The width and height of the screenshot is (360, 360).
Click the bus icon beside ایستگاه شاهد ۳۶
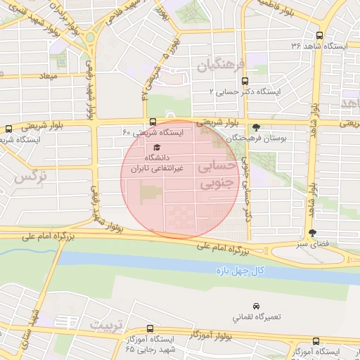point(320,34)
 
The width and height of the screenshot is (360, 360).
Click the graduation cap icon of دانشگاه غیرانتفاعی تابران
point(156,148)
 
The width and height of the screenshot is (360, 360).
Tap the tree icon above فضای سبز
point(312,233)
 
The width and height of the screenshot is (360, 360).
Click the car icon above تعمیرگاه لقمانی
point(255,306)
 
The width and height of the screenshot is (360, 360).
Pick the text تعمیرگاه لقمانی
point(258,318)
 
